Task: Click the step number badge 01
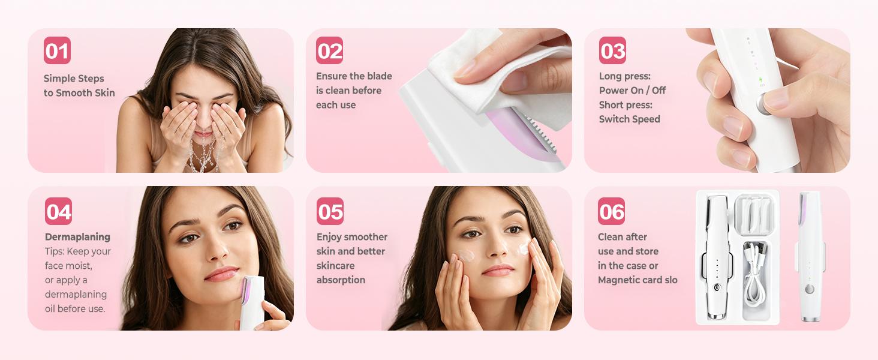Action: pos(57,50)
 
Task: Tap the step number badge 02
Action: pos(330,50)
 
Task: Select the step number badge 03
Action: pos(612,50)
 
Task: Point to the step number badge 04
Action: pos(58,211)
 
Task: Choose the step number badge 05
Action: pos(330,211)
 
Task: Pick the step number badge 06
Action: pos(611,211)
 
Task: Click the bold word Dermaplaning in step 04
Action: pos(77,237)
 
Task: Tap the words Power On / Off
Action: pos(632,91)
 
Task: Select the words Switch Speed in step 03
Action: pos(629,119)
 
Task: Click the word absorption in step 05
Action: pos(341,280)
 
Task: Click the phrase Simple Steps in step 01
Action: pos(74,79)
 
